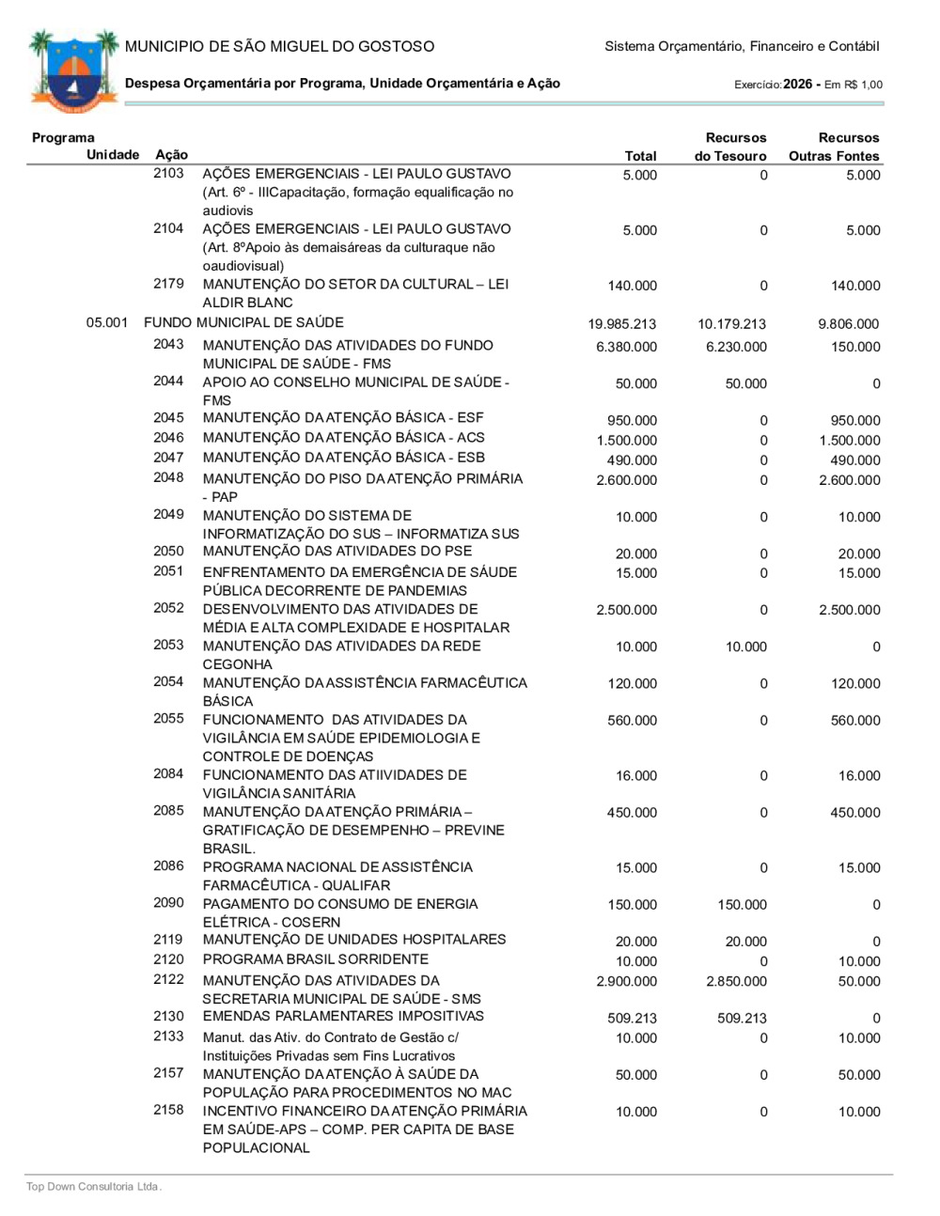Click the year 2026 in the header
(x=797, y=85)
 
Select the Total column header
(x=640, y=156)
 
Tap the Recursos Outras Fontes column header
(x=835, y=147)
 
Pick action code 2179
(x=168, y=284)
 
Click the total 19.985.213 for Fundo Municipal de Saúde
(x=621, y=324)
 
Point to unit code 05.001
(x=106, y=323)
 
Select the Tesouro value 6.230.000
(x=736, y=348)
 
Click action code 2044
(x=168, y=382)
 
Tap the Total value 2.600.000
(x=626, y=480)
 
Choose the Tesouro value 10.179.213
(x=731, y=324)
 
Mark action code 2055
(x=168, y=719)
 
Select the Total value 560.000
(x=632, y=721)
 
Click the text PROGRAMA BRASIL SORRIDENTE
(x=315, y=959)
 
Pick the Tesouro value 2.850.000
(x=736, y=982)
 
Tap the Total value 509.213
(x=632, y=1019)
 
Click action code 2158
(x=168, y=1111)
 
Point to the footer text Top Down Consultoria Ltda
(x=93, y=1187)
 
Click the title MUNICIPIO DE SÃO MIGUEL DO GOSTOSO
(x=279, y=46)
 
